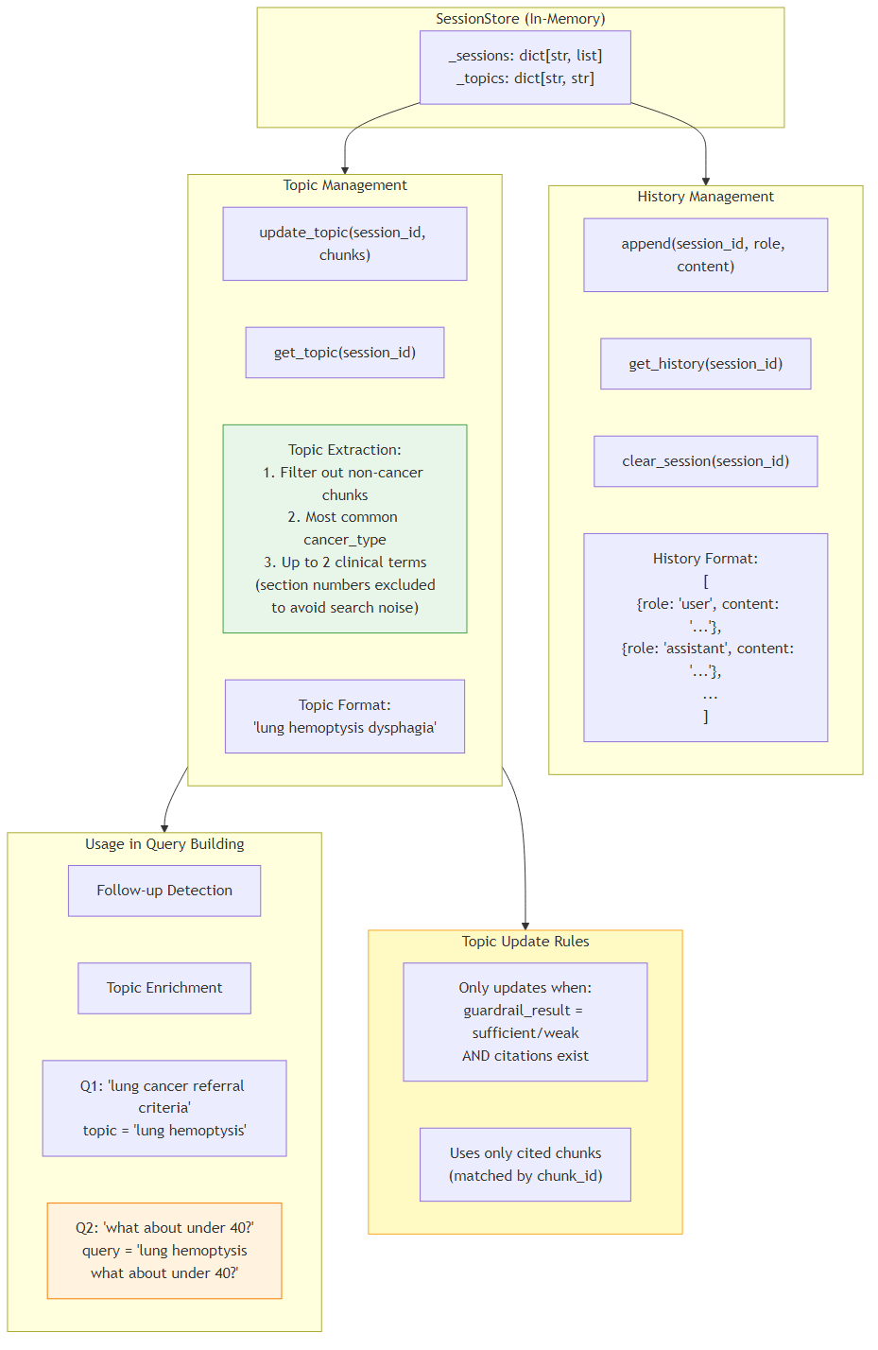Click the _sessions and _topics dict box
[525, 67]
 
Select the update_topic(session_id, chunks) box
[344, 244]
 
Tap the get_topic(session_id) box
[344, 353]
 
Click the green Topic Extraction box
[344, 528]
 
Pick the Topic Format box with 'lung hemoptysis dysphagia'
[344, 717]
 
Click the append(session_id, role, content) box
[705, 255]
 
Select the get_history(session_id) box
[705, 364]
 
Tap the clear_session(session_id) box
[705, 461]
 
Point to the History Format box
[705, 637]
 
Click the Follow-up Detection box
[164, 891]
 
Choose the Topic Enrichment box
[164, 988]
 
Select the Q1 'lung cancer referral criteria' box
[164, 1108]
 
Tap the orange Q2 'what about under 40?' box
[164, 1251]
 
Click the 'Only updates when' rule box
[525, 1022]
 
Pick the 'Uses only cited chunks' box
[525, 1165]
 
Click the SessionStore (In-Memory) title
[520, 19]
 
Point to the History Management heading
[705, 197]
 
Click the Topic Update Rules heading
[525, 942]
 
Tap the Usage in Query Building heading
[164, 844]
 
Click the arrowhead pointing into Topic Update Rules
[525, 926]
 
